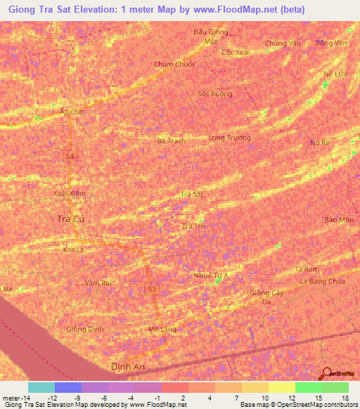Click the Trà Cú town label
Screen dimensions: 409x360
pos(70,219)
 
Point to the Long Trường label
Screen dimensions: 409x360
pos(229,138)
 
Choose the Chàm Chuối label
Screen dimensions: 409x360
pos(174,64)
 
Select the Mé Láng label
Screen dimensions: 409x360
pos(162,328)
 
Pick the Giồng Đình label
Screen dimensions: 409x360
pos(86,329)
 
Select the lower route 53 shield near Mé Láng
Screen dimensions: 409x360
pos(152,289)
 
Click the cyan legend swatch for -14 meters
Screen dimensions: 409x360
pos(41,387)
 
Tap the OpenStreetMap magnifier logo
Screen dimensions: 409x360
pos(327,375)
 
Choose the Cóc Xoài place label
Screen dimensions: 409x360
pos(236,52)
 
